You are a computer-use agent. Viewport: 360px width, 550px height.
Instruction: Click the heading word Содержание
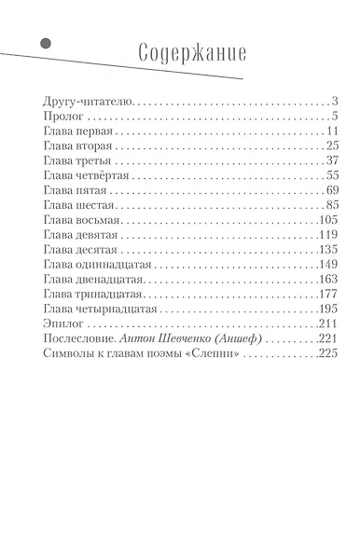click(191, 53)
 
